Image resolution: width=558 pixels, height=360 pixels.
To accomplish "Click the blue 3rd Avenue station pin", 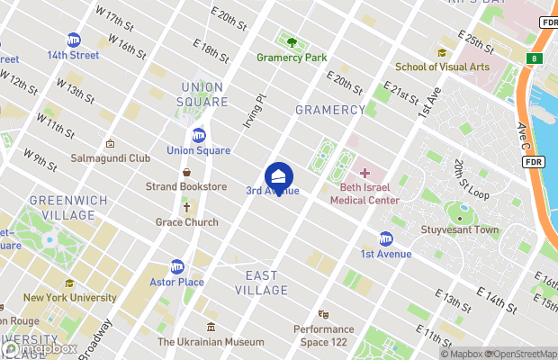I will point(279,175).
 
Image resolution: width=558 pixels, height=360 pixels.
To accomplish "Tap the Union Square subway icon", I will point(199,136).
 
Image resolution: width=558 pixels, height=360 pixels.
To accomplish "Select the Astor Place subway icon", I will point(177,266).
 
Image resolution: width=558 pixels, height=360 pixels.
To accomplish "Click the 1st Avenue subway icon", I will point(386,238).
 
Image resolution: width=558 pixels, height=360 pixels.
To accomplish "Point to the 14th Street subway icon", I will point(73,40).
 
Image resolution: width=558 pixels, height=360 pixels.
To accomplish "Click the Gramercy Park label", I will point(291,57).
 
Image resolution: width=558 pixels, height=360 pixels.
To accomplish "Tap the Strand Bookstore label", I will point(186,186).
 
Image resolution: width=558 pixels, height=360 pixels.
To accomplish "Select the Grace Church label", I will point(187,221).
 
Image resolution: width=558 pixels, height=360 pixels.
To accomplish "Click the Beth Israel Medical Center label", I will point(370,193).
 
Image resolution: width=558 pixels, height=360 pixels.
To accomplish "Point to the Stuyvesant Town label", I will point(460,229).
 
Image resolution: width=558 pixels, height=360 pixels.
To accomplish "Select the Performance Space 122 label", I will point(323,336).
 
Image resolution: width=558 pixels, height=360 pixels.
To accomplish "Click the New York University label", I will point(69,297).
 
